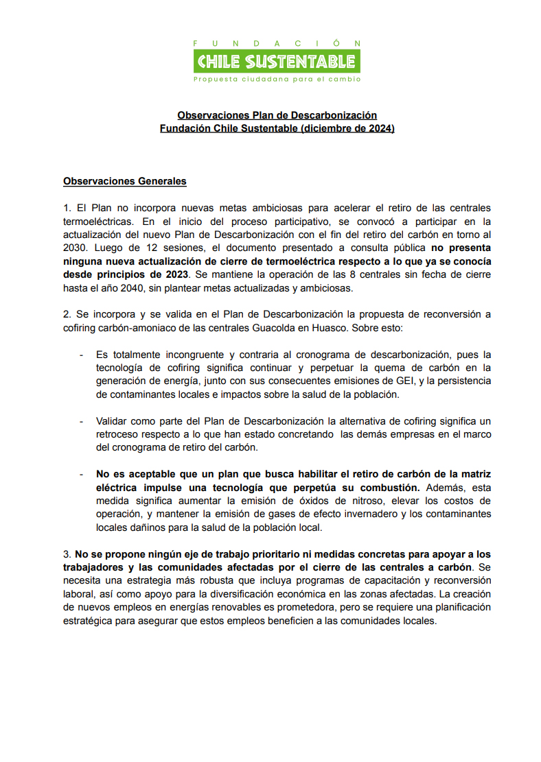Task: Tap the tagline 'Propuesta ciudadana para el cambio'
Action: click(x=277, y=79)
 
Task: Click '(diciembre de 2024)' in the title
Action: click(x=347, y=128)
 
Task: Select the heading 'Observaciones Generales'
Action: click(x=125, y=182)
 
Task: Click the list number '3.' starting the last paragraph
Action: click(x=67, y=553)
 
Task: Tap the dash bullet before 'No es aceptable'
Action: click(x=82, y=474)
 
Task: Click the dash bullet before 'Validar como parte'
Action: click(x=82, y=421)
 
